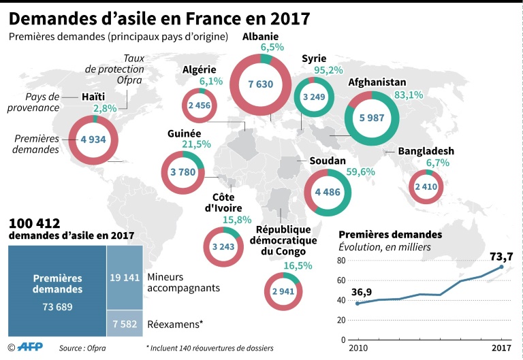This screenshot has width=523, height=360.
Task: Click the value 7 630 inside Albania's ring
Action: pos(260,84)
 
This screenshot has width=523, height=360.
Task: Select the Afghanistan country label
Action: pos(377,82)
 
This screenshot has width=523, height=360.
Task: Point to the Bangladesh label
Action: pos(426,150)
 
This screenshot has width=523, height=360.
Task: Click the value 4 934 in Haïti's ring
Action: pos(93,140)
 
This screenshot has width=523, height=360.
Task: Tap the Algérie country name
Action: pos(200,69)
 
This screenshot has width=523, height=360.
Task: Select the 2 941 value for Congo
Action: pos(283,292)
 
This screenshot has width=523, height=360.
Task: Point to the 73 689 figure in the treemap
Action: pos(57,306)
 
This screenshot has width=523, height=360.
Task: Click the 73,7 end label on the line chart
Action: pos(501,257)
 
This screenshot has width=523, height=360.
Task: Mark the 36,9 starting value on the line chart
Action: pos(362,293)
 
